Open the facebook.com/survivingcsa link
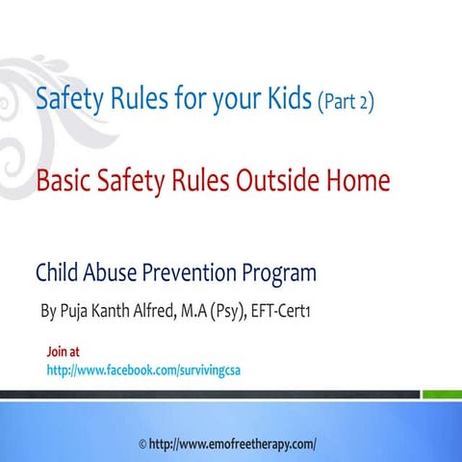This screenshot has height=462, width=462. [x=136, y=370]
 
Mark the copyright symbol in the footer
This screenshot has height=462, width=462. [x=143, y=445]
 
